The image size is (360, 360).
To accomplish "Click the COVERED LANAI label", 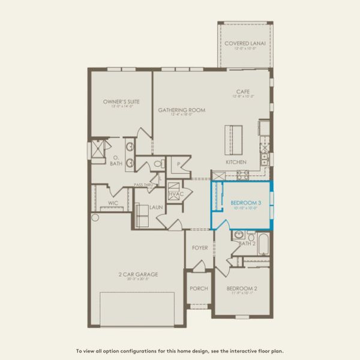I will (246, 44).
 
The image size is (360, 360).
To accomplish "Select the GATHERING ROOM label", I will (181, 110).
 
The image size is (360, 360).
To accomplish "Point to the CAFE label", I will (242, 92).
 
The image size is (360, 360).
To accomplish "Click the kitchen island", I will (233, 139).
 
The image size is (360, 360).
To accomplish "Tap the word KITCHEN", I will (236, 163).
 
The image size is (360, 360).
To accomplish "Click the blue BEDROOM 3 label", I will (246, 203).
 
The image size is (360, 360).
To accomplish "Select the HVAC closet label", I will (175, 194).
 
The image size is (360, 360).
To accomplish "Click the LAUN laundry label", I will (157, 207).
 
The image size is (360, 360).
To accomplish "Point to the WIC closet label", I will (113, 203).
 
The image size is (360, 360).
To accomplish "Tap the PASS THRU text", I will (144, 185).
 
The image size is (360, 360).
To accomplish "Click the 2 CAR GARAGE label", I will (138, 274).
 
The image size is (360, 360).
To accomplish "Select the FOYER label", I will (200, 248).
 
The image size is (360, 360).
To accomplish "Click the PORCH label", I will (199, 289).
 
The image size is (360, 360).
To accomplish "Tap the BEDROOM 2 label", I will (242, 289).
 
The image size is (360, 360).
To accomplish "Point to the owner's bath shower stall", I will (98, 149).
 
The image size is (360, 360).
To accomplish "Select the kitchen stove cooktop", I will (242, 175).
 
